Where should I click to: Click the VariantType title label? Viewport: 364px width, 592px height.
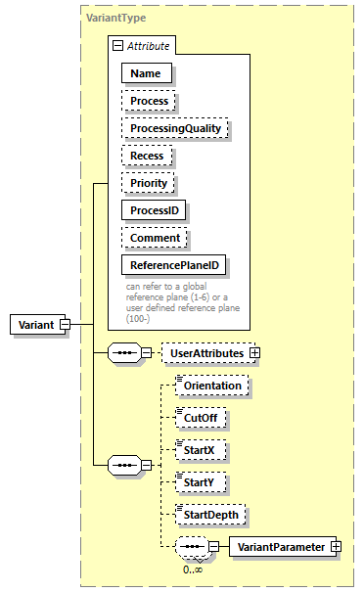click(x=115, y=17)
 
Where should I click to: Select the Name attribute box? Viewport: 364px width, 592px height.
click(x=146, y=72)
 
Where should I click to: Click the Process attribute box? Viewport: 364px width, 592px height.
click(x=150, y=100)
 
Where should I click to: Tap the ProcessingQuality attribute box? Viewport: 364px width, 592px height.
click(x=174, y=127)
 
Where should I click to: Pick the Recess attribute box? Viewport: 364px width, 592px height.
click(x=147, y=155)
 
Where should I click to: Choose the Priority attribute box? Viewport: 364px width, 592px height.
click(x=149, y=182)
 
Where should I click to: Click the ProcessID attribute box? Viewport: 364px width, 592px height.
click(x=155, y=209)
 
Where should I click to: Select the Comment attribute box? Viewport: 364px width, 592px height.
click(x=154, y=237)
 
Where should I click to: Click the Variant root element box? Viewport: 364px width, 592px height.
click(x=34, y=325)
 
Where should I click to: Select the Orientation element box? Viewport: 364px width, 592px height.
click(x=212, y=387)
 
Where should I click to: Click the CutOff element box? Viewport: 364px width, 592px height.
click(x=202, y=419)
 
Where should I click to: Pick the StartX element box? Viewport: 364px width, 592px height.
click(x=201, y=450)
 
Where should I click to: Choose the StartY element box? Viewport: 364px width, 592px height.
click(x=201, y=482)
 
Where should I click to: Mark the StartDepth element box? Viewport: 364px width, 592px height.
click(x=210, y=514)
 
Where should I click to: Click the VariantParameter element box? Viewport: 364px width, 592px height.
click(x=279, y=546)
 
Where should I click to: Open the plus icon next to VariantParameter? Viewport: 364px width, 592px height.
click(x=336, y=546)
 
